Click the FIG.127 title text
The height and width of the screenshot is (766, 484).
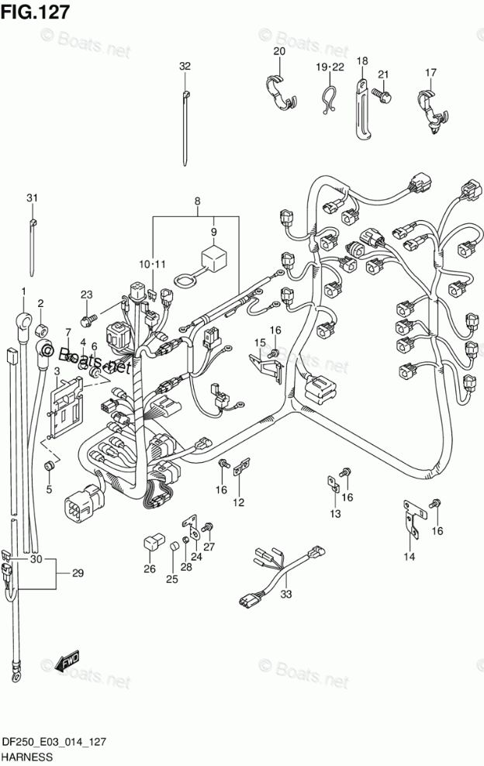(x=35, y=11)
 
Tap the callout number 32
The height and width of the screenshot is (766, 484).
(x=185, y=67)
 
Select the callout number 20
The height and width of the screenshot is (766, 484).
(x=279, y=52)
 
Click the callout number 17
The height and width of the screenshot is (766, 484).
(x=430, y=73)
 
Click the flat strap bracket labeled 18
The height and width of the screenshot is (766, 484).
(x=361, y=109)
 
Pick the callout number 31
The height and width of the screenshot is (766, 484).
(x=32, y=198)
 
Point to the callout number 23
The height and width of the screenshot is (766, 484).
(x=86, y=295)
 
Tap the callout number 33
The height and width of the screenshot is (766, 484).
(x=286, y=594)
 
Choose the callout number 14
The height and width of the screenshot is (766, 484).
(x=410, y=557)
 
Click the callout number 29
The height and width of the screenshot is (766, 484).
(x=78, y=573)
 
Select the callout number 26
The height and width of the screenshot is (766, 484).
(x=150, y=568)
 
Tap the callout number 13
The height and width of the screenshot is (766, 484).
(x=335, y=514)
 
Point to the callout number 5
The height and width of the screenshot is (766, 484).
(x=49, y=489)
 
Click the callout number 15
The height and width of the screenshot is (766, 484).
(x=260, y=342)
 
